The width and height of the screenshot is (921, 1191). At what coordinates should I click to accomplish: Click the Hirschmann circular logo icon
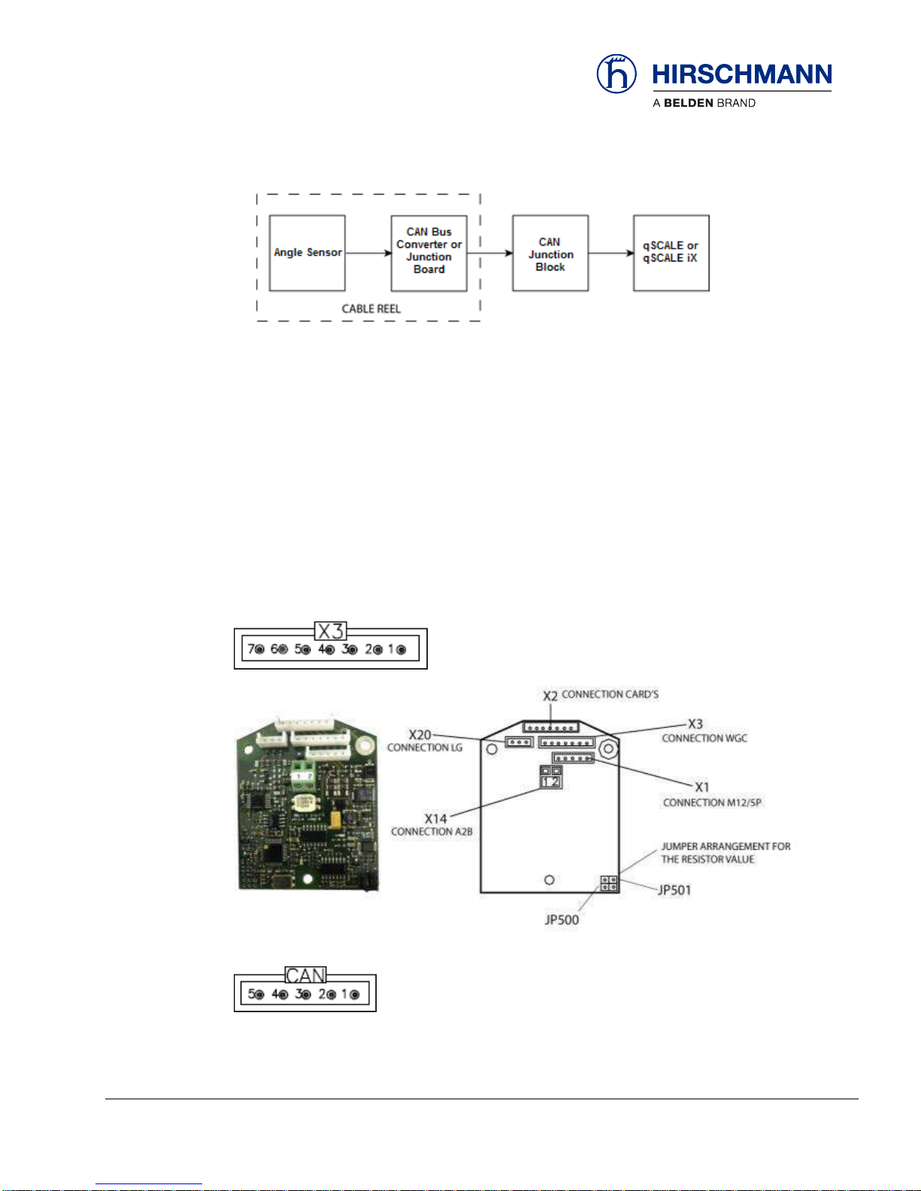pyautogui.click(x=616, y=74)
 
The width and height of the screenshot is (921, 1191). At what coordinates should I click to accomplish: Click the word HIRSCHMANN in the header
pyautogui.click(x=741, y=74)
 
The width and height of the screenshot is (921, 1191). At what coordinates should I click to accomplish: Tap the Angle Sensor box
pyautogui.click(x=307, y=253)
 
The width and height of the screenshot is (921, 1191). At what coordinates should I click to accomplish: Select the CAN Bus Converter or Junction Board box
pyautogui.click(x=429, y=253)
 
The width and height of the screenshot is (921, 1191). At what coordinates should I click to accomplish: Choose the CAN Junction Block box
pyautogui.click(x=550, y=253)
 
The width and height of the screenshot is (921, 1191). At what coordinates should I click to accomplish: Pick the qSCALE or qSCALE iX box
pyautogui.click(x=671, y=253)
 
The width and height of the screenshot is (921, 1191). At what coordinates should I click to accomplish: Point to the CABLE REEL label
pyautogui.click(x=371, y=309)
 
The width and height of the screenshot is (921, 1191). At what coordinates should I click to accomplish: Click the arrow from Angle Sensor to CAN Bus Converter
pyautogui.click(x=368, y=253)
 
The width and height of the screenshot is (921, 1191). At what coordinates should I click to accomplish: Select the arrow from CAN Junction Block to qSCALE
pyautogui.click(x=610, y=253)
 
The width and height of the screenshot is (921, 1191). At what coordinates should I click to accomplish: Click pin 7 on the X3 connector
pyautogui.click(x=259, y=649)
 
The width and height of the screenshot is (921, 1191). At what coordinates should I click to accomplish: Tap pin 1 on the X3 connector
pyautogui.click(x=401, y=649)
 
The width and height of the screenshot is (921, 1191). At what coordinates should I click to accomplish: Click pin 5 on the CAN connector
pyautogui.click(x=259, y=994)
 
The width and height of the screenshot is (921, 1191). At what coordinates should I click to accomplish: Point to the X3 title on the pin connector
pyautogui.click(x=330, y=631)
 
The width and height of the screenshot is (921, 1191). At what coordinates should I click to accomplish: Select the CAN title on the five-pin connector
pyautogui.click(x=305, y=975)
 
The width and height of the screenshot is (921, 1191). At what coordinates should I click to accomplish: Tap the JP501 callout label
pyautogui.click(x=674, y=890)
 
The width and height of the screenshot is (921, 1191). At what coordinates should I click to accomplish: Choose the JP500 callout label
pyautogui.click(x=562, y=920)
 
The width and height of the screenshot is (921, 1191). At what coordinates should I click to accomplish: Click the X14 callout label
pyautogui.click(x=435, y=818)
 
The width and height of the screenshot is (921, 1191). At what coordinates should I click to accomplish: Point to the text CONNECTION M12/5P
pyautogui.click(x=711, y=803)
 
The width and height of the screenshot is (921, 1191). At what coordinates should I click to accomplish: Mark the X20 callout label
pyautogui.click(x=420, y=735)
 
